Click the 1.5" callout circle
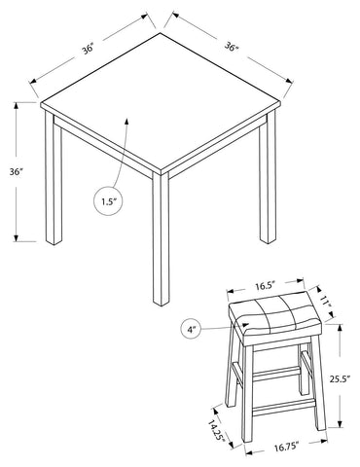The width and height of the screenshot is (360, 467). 93,201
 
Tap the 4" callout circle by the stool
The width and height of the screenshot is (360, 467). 180,330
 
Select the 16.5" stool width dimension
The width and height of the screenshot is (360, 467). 265,286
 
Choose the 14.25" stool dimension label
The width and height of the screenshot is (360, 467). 216,430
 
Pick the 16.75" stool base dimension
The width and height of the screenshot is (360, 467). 286,447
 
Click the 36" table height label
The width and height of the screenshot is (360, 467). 16,172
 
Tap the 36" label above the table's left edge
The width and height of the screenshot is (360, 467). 88,50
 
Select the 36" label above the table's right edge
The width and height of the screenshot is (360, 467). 232,47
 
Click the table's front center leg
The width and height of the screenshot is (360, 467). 161,238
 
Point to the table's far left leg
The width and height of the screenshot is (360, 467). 54,178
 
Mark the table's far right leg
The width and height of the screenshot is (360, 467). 268,177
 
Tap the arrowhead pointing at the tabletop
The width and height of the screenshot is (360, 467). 126,122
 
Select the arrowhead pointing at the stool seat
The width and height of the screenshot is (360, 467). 246,324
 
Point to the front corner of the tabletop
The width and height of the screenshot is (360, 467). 162,171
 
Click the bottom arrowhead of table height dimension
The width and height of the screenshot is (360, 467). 16,237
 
